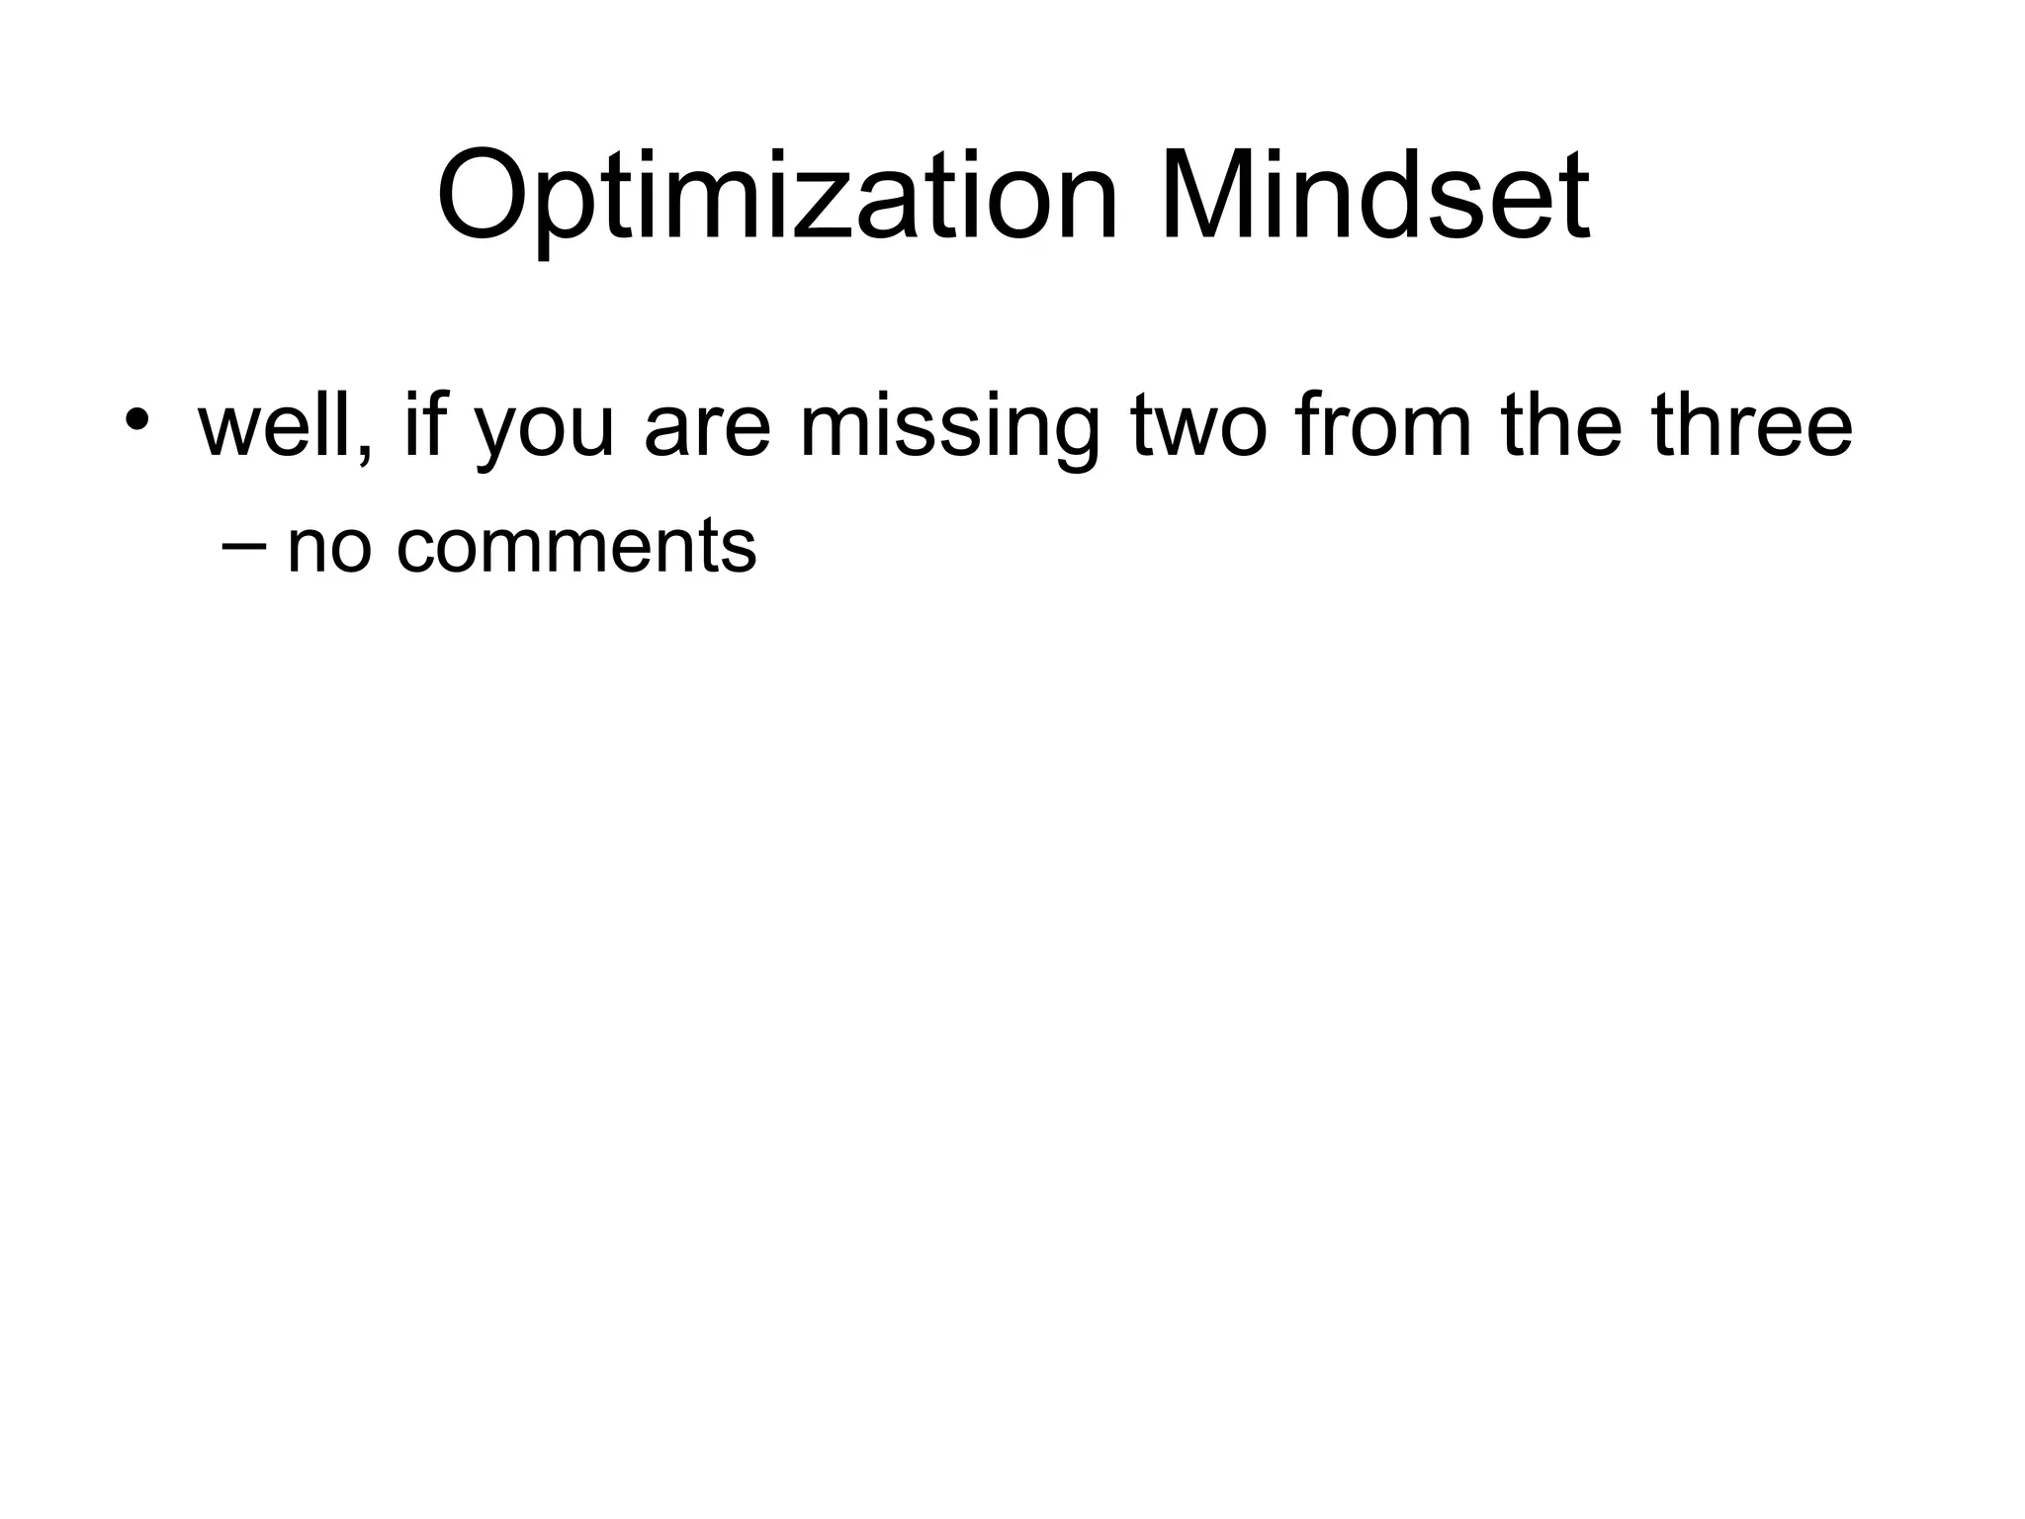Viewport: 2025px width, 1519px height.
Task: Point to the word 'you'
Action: tap(545, 435)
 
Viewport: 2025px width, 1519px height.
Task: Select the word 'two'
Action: tap(1197, 427)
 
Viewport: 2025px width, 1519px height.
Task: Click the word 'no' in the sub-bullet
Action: tap(329, 550)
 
